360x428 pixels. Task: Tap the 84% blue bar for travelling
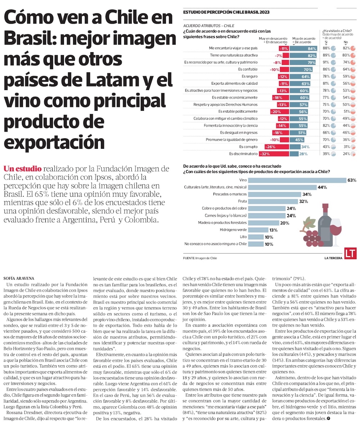[303, 49]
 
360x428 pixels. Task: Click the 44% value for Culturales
[322, 187]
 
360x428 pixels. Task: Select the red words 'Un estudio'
[23, 169]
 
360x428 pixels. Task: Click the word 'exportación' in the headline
[54, 142]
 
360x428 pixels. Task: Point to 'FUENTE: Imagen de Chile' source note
[200, 258]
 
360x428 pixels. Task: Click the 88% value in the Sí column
[327, 49]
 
